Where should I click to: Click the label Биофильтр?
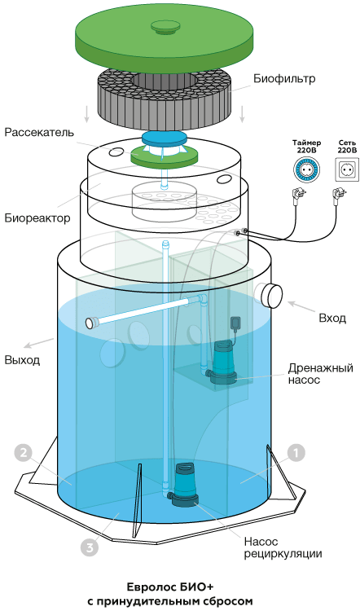pos(284,79)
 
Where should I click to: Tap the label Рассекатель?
pos(39,133)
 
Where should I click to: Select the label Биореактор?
pos(37,218)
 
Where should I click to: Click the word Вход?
pos(332,319)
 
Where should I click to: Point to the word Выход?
pos(22,359)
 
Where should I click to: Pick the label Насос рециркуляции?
pos(283,547)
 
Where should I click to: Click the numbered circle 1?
pos(296,453)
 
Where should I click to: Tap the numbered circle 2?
pos(24,453)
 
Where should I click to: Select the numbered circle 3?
pos(90,548)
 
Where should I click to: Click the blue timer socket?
pos(306,169)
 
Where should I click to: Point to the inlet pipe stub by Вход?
pos(269,295)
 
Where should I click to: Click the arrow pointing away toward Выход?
pos(39,343)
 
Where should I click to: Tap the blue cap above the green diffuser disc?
pos(164,138)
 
